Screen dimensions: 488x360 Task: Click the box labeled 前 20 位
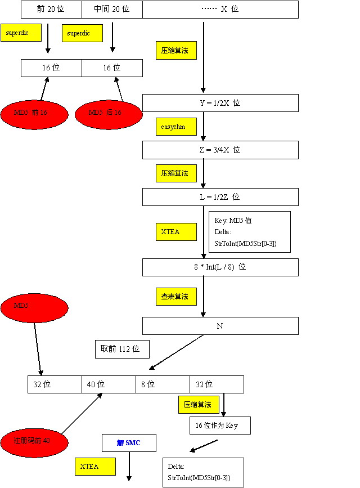51,10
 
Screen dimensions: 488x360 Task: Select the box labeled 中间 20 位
112,10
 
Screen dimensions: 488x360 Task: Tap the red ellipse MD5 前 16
34,113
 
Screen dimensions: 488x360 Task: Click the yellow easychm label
176,127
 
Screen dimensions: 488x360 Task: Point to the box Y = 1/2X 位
220,103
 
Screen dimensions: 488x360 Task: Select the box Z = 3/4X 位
220,150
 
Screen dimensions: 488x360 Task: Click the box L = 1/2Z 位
220,197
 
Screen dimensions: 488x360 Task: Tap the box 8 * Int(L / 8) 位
220,267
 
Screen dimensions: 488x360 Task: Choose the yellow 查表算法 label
176,296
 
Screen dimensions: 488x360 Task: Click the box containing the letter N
220,326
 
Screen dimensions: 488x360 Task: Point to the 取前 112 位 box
121,350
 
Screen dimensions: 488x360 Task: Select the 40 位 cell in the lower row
109,384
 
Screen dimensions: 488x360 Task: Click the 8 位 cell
163,384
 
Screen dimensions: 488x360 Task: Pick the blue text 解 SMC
129,443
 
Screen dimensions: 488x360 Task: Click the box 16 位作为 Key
220,426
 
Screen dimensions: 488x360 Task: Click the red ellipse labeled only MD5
34,308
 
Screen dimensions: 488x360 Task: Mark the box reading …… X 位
220,10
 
